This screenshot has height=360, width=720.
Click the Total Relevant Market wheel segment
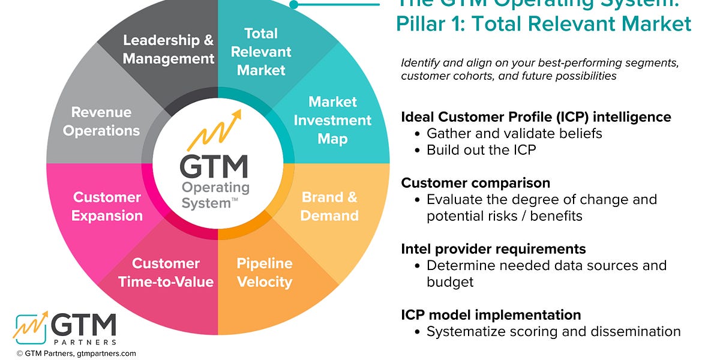[260, 52]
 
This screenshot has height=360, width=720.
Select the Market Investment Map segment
[332, 120]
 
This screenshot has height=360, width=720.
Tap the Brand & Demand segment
[329, 206]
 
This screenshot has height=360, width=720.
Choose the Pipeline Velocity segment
[264, 272]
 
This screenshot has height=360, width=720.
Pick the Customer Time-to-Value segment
[166, 272]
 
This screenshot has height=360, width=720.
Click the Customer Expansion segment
[107, 206]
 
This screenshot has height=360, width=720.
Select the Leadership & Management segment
[169, 49]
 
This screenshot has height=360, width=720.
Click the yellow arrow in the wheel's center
[212, 131]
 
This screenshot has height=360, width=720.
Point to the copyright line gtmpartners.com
[76, 353]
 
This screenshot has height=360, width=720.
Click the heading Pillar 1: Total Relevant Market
[544, 24]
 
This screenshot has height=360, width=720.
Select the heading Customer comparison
[476, 182]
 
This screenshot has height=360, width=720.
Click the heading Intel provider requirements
[493, 248]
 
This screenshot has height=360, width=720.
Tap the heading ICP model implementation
[491, 314]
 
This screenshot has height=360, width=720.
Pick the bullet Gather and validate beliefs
[514, 133]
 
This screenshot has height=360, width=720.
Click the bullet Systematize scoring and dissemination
[553, 331]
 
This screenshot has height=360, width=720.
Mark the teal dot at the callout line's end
[293, 4]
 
